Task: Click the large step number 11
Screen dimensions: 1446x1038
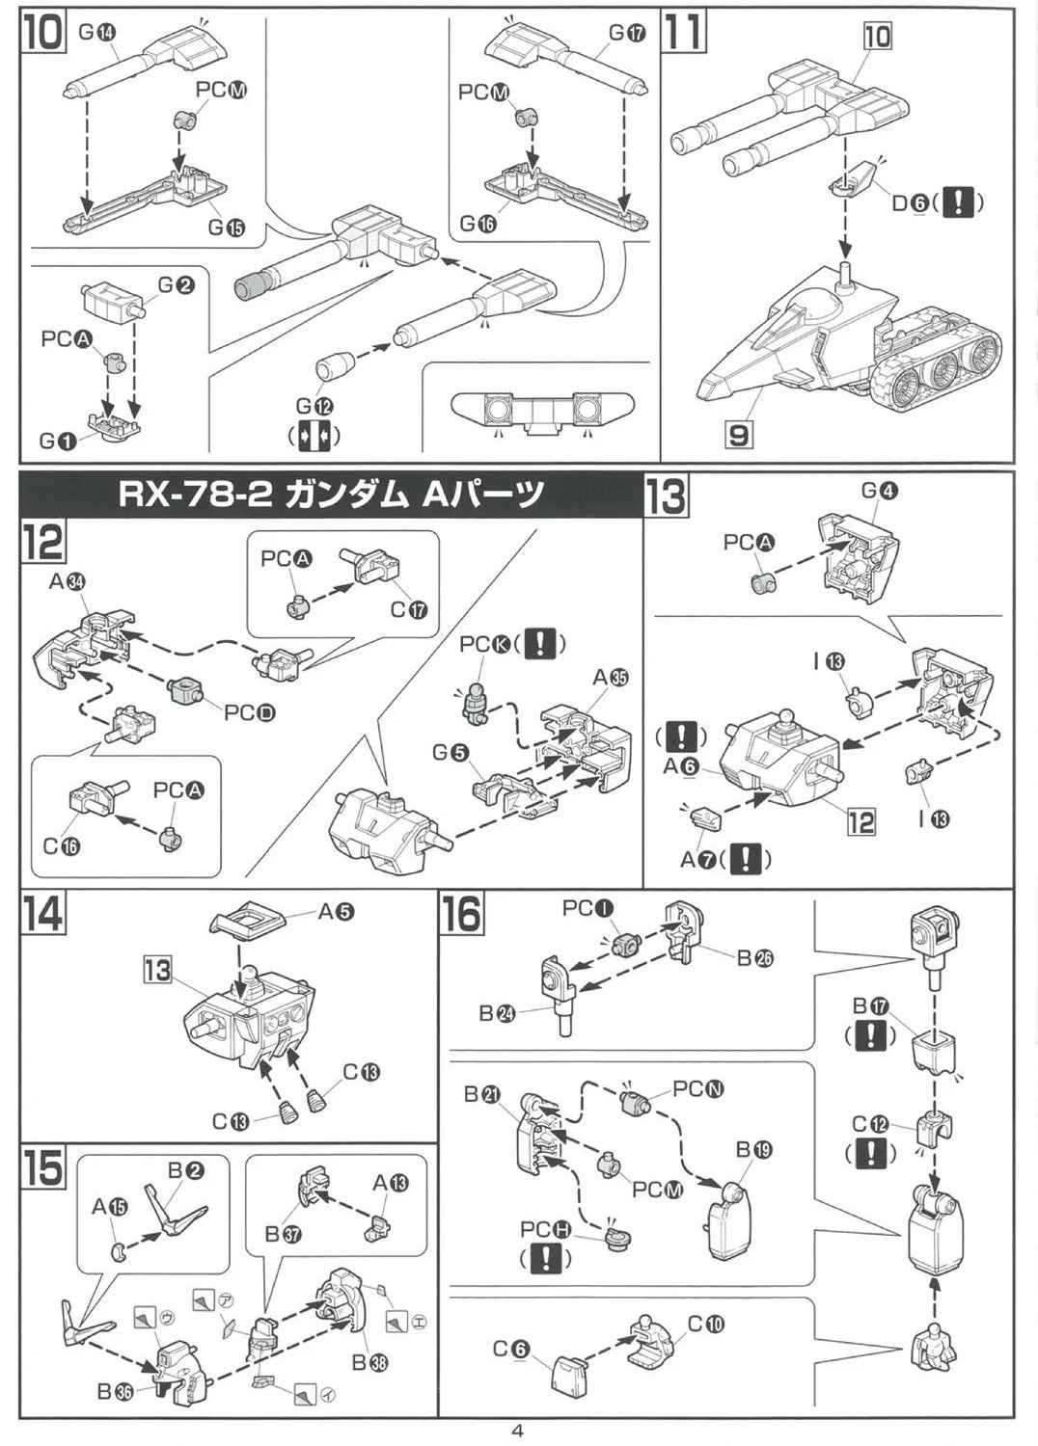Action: [x=684, y=31]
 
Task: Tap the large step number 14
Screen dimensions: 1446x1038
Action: [x=42, y=912]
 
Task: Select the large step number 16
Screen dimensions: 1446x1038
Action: [x=462, y=912]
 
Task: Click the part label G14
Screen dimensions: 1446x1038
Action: [x=96, y=31]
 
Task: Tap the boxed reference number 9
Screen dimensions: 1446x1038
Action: [x=738, y=435]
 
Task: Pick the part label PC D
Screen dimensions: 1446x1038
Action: [x=249, y=712]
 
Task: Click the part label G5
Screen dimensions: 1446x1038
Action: [x=451, y=752]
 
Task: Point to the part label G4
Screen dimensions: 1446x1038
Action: [x=879, y=490]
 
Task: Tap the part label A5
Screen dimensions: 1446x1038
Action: [x=336, y=910]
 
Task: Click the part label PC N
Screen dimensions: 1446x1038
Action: [x=697, y=1088]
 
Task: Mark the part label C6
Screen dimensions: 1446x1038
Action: [x=510, y=1349]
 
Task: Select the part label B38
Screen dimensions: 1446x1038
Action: [x=369, y=1362]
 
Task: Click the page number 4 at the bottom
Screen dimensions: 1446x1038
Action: [x=517, y=1431]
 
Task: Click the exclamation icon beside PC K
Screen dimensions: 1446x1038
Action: [x=539, y=643]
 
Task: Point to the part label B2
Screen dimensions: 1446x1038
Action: [x=185, y=1169]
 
